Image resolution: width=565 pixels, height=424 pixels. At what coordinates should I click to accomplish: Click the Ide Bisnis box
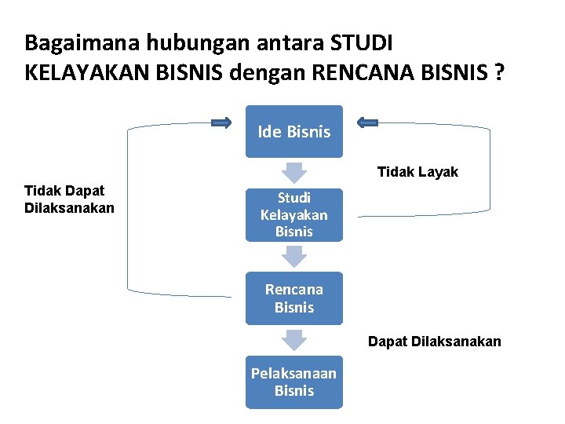pos(294,132)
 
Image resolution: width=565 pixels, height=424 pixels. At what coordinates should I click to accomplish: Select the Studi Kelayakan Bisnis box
pos(294,214)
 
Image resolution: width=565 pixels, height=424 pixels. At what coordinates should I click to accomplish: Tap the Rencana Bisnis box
pos(294,298)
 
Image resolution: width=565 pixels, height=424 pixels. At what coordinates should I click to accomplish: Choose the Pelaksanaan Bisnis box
pos(294,382)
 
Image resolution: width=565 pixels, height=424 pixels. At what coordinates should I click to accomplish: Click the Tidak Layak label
pos(417,172)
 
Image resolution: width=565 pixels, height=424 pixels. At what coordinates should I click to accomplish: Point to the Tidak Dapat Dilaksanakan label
pos(69,199)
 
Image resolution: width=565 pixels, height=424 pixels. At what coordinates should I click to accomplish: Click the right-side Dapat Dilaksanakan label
pos(435,342)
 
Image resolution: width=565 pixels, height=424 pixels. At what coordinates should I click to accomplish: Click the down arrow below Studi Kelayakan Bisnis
pos(294,256)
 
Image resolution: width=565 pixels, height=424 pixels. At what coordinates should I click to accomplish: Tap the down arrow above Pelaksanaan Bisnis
pos(294,339)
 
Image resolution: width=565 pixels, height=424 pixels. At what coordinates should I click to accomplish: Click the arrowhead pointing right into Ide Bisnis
pos(222,122)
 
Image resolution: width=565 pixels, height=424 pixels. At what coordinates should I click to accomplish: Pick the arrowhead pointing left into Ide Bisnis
pos(366,122)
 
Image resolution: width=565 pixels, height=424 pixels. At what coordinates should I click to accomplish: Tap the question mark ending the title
pos(500,73)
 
